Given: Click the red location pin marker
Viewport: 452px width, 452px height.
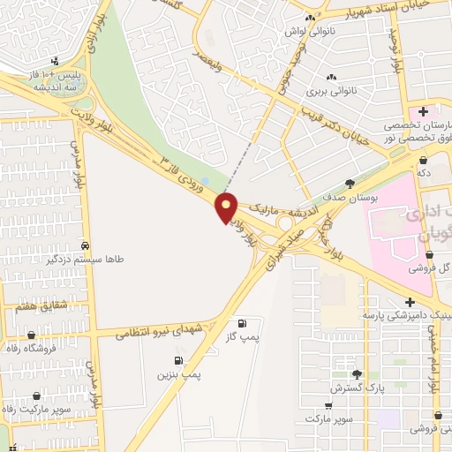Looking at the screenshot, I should pyautogui.click(x=228, y=208).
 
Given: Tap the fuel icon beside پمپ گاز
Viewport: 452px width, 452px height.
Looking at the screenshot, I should pyautogui.click(x=242, y=323).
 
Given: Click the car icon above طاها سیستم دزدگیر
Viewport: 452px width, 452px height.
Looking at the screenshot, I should pyautogui.click(x=85, y=245).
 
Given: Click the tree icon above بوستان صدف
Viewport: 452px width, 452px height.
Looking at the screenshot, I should pyautogui.click(x=350, y=185).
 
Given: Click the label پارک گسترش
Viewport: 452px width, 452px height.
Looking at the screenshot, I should pyautogui.click(x=356, y=388).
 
